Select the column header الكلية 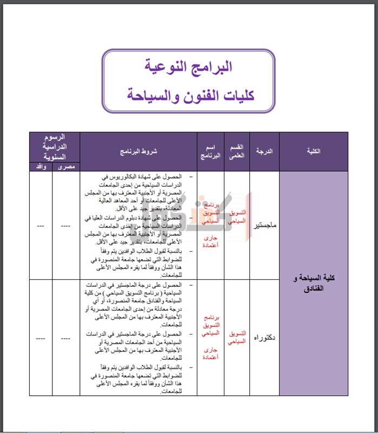click(x=313, y=152)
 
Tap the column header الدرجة click(x=264, y=152)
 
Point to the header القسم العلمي click(x=236, y=152)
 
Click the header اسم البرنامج click(x=210, y=151)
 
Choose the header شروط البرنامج click(x=138, y=152)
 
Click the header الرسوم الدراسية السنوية click(x=55, y=147)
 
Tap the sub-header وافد click(x=41, y=167)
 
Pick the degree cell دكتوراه click(x=264, y=338)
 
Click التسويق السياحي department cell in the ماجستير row click(x=236, y=217)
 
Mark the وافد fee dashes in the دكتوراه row click(x=41, y=338)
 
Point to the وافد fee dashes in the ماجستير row click(x=41, y=226)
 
